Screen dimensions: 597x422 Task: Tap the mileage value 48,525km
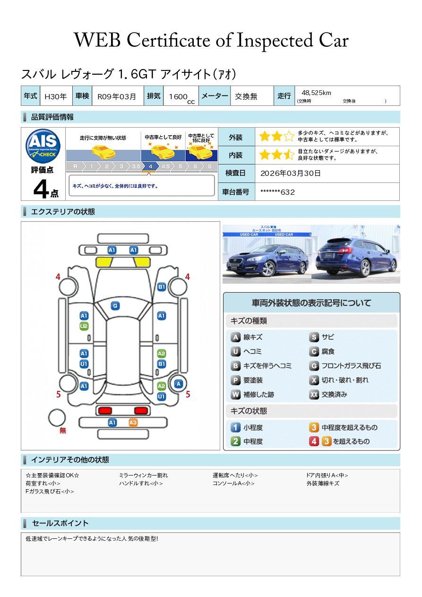click(316, 93)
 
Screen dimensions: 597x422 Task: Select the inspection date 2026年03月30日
click(290, 173)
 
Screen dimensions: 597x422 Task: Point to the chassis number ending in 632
click(277, 192)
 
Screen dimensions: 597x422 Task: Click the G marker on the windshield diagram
click(115, 306)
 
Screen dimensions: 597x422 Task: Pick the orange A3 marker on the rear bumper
click(133, 423)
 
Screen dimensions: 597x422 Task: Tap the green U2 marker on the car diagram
click(84, 326)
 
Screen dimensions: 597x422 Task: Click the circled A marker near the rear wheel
click(179, 384)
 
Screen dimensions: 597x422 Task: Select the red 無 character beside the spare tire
click(63, 431)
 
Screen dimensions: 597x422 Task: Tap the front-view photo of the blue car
click(267, 254)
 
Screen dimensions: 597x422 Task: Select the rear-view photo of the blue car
click(356, 254)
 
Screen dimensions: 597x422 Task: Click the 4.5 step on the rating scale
click(165, 166)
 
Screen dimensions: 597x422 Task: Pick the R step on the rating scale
click(75, 166)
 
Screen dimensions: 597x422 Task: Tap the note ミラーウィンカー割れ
click(143, 476)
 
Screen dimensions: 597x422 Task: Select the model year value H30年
click(55, 96)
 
